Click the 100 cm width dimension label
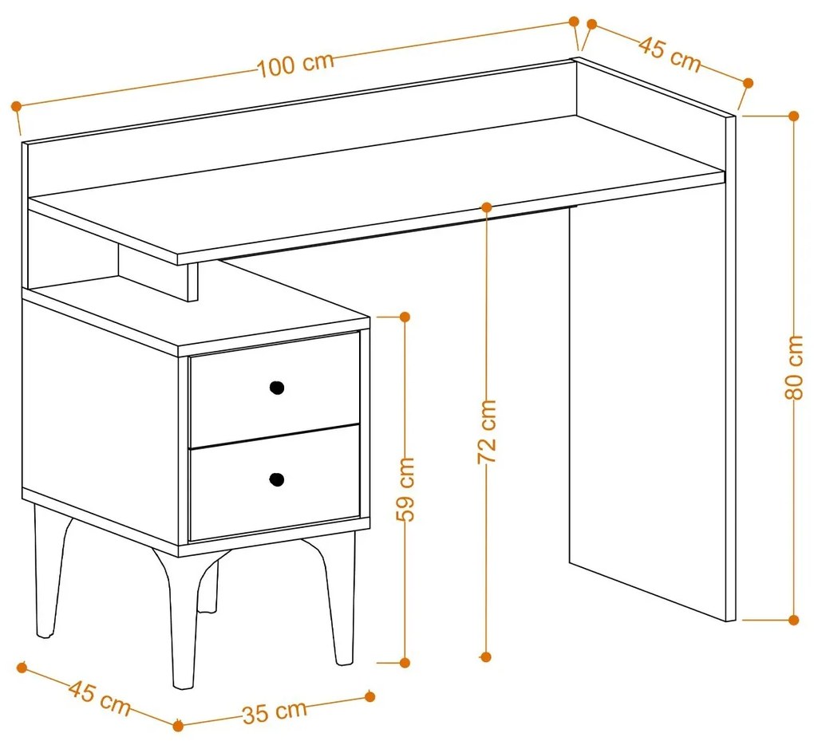pos(295,65)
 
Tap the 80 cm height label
pos(794,368)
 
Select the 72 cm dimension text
pos(487,432)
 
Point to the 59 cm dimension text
pos(405,490)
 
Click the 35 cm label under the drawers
pos(275,712)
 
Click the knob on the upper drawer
pos(277,387)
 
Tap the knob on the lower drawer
pos(277,479)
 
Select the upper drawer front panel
pos(275,389)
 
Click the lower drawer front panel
pos(275,483)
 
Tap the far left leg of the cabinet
pos(49,571)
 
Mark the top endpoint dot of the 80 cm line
pos(793,116)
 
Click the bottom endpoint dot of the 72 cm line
pos(486,657)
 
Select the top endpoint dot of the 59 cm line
pos(405,317)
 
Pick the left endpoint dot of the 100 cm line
pos(16,106)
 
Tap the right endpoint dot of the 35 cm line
pos(370,696)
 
